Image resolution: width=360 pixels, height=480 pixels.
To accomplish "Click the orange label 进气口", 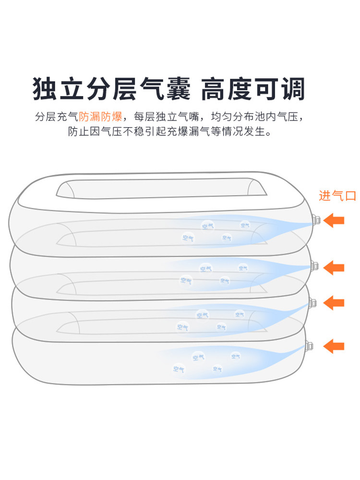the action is pos(337,196).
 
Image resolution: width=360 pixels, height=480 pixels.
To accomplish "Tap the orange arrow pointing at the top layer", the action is pos(334,220).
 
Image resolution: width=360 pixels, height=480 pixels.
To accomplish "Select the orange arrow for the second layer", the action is pos(334,267).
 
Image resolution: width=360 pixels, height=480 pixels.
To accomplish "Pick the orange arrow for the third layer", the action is pos(334,303).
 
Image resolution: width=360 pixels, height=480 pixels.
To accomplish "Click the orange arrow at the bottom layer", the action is pos(334,345).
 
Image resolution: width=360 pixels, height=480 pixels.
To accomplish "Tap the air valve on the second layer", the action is pos(314,265).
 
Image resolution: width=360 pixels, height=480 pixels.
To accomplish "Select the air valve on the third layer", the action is pos(312,303).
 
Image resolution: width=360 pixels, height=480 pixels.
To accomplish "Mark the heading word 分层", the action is pos(114,89).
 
